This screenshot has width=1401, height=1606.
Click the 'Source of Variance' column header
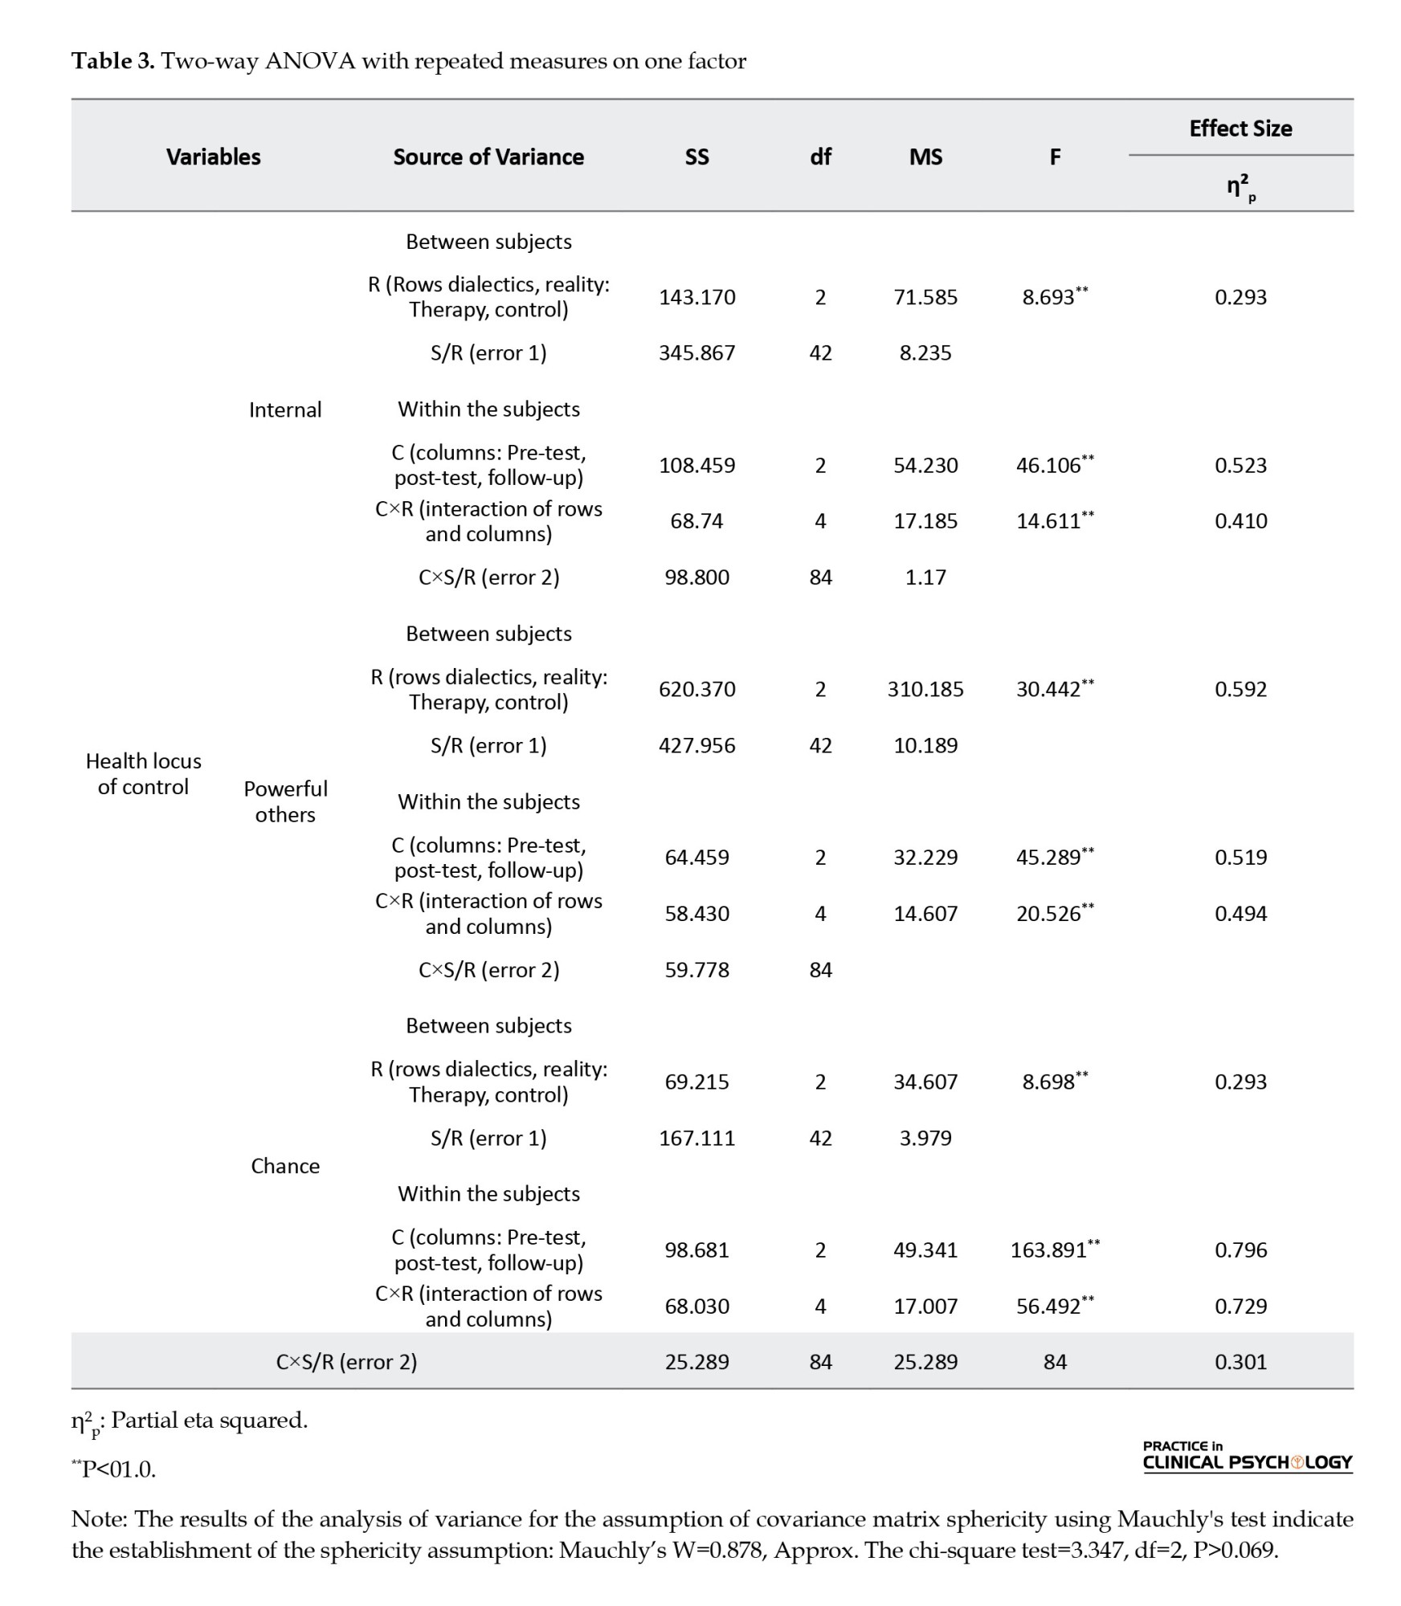pos(488,157)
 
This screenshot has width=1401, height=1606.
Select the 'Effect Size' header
pos(1240,128)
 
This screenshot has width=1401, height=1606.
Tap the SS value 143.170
pos(696,297)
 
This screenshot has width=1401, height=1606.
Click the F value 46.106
pos(1049,466)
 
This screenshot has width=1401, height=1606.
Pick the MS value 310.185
pos(925,689)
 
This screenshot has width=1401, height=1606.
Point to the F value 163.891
pos(1049,1250)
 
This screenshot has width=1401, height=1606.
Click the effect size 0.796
pos(1240,1250)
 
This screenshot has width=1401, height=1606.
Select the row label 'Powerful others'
pos(285,801)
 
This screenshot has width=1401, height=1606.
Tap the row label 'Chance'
pos(285,1166)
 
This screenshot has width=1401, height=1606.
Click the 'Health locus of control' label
pos(144,773)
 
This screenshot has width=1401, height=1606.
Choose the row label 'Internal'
pos(285,410)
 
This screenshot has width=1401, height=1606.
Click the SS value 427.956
pos(696,745)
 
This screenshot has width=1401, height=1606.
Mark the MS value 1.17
pos(925,577)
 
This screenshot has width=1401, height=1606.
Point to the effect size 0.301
pos(1240,1362)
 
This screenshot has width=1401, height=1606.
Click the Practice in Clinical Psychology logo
pos(1247,1457)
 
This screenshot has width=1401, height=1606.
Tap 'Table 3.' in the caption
pos(113,62)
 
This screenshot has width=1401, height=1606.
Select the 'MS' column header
pos(925,157)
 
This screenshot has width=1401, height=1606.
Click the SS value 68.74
pos(696,521)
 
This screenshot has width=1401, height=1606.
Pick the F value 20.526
pos(1049,914)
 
